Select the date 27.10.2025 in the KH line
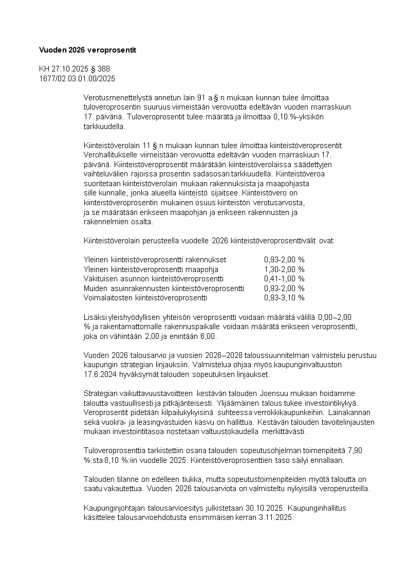point(69,69)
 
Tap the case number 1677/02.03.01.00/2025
point(77,78)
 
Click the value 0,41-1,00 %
point(284,279)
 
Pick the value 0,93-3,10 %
point(284,298)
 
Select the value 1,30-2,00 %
point(284,269)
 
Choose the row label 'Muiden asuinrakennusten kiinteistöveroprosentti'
point(164,288)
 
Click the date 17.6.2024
point(100,374)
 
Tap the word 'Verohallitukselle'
point(113,155)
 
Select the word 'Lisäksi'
point(94,317)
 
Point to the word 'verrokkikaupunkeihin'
point(292,412)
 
